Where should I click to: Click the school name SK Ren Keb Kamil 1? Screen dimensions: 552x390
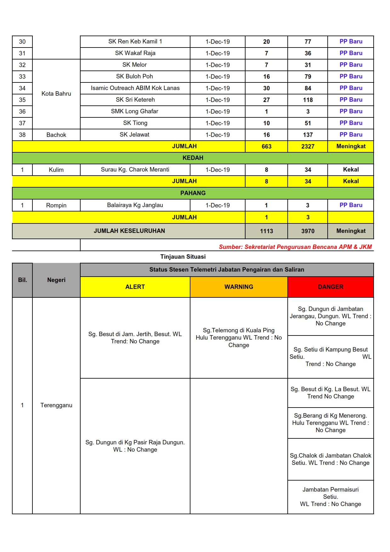[x=135, y=42]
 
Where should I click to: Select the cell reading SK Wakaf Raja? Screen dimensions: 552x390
[x=135, y=53]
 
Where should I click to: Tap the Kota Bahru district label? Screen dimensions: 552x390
[x=56, y=94]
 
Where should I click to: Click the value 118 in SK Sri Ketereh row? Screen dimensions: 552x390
[x=308, y=100]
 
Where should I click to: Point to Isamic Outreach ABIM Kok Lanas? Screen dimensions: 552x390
[x=135, y=88]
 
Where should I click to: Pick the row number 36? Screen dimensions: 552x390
[x=22, y=111]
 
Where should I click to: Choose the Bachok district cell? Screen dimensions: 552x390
[x=56, y=135]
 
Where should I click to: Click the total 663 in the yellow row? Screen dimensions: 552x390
[x=266, y=146]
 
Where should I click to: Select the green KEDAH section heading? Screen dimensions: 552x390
[x=193, y=158]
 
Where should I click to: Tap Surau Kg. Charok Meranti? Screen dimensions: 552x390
[x=135, y=170]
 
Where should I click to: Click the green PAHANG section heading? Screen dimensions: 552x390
[x=193, y=193]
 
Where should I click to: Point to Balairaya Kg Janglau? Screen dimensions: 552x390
[x=135, y=205]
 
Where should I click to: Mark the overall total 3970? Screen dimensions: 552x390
[x=308, y=231]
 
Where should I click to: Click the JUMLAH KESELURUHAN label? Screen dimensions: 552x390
[x=129, y=231]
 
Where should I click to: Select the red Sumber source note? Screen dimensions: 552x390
[x=295, y=247]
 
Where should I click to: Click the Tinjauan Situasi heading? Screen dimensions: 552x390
[x=183, y=256]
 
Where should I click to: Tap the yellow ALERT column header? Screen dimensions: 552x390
[x=135, y=287]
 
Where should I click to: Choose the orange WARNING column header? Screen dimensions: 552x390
[x=239, y=287]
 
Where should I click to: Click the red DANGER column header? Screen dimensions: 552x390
[x=331, y=287]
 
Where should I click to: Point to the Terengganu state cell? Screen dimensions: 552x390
[x=56, y=405]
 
